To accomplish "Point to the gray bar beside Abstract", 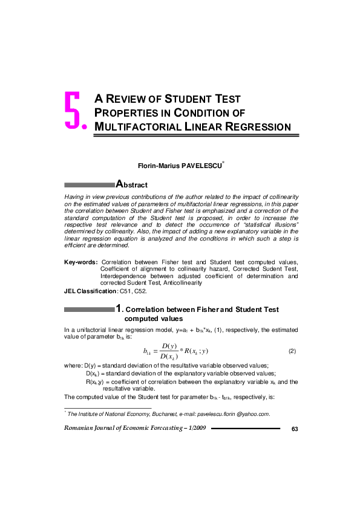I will tap(90, 184).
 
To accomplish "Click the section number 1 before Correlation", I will tap(119, 310).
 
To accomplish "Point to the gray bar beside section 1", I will tap(90, 310).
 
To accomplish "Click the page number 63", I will tap(295, 429).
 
